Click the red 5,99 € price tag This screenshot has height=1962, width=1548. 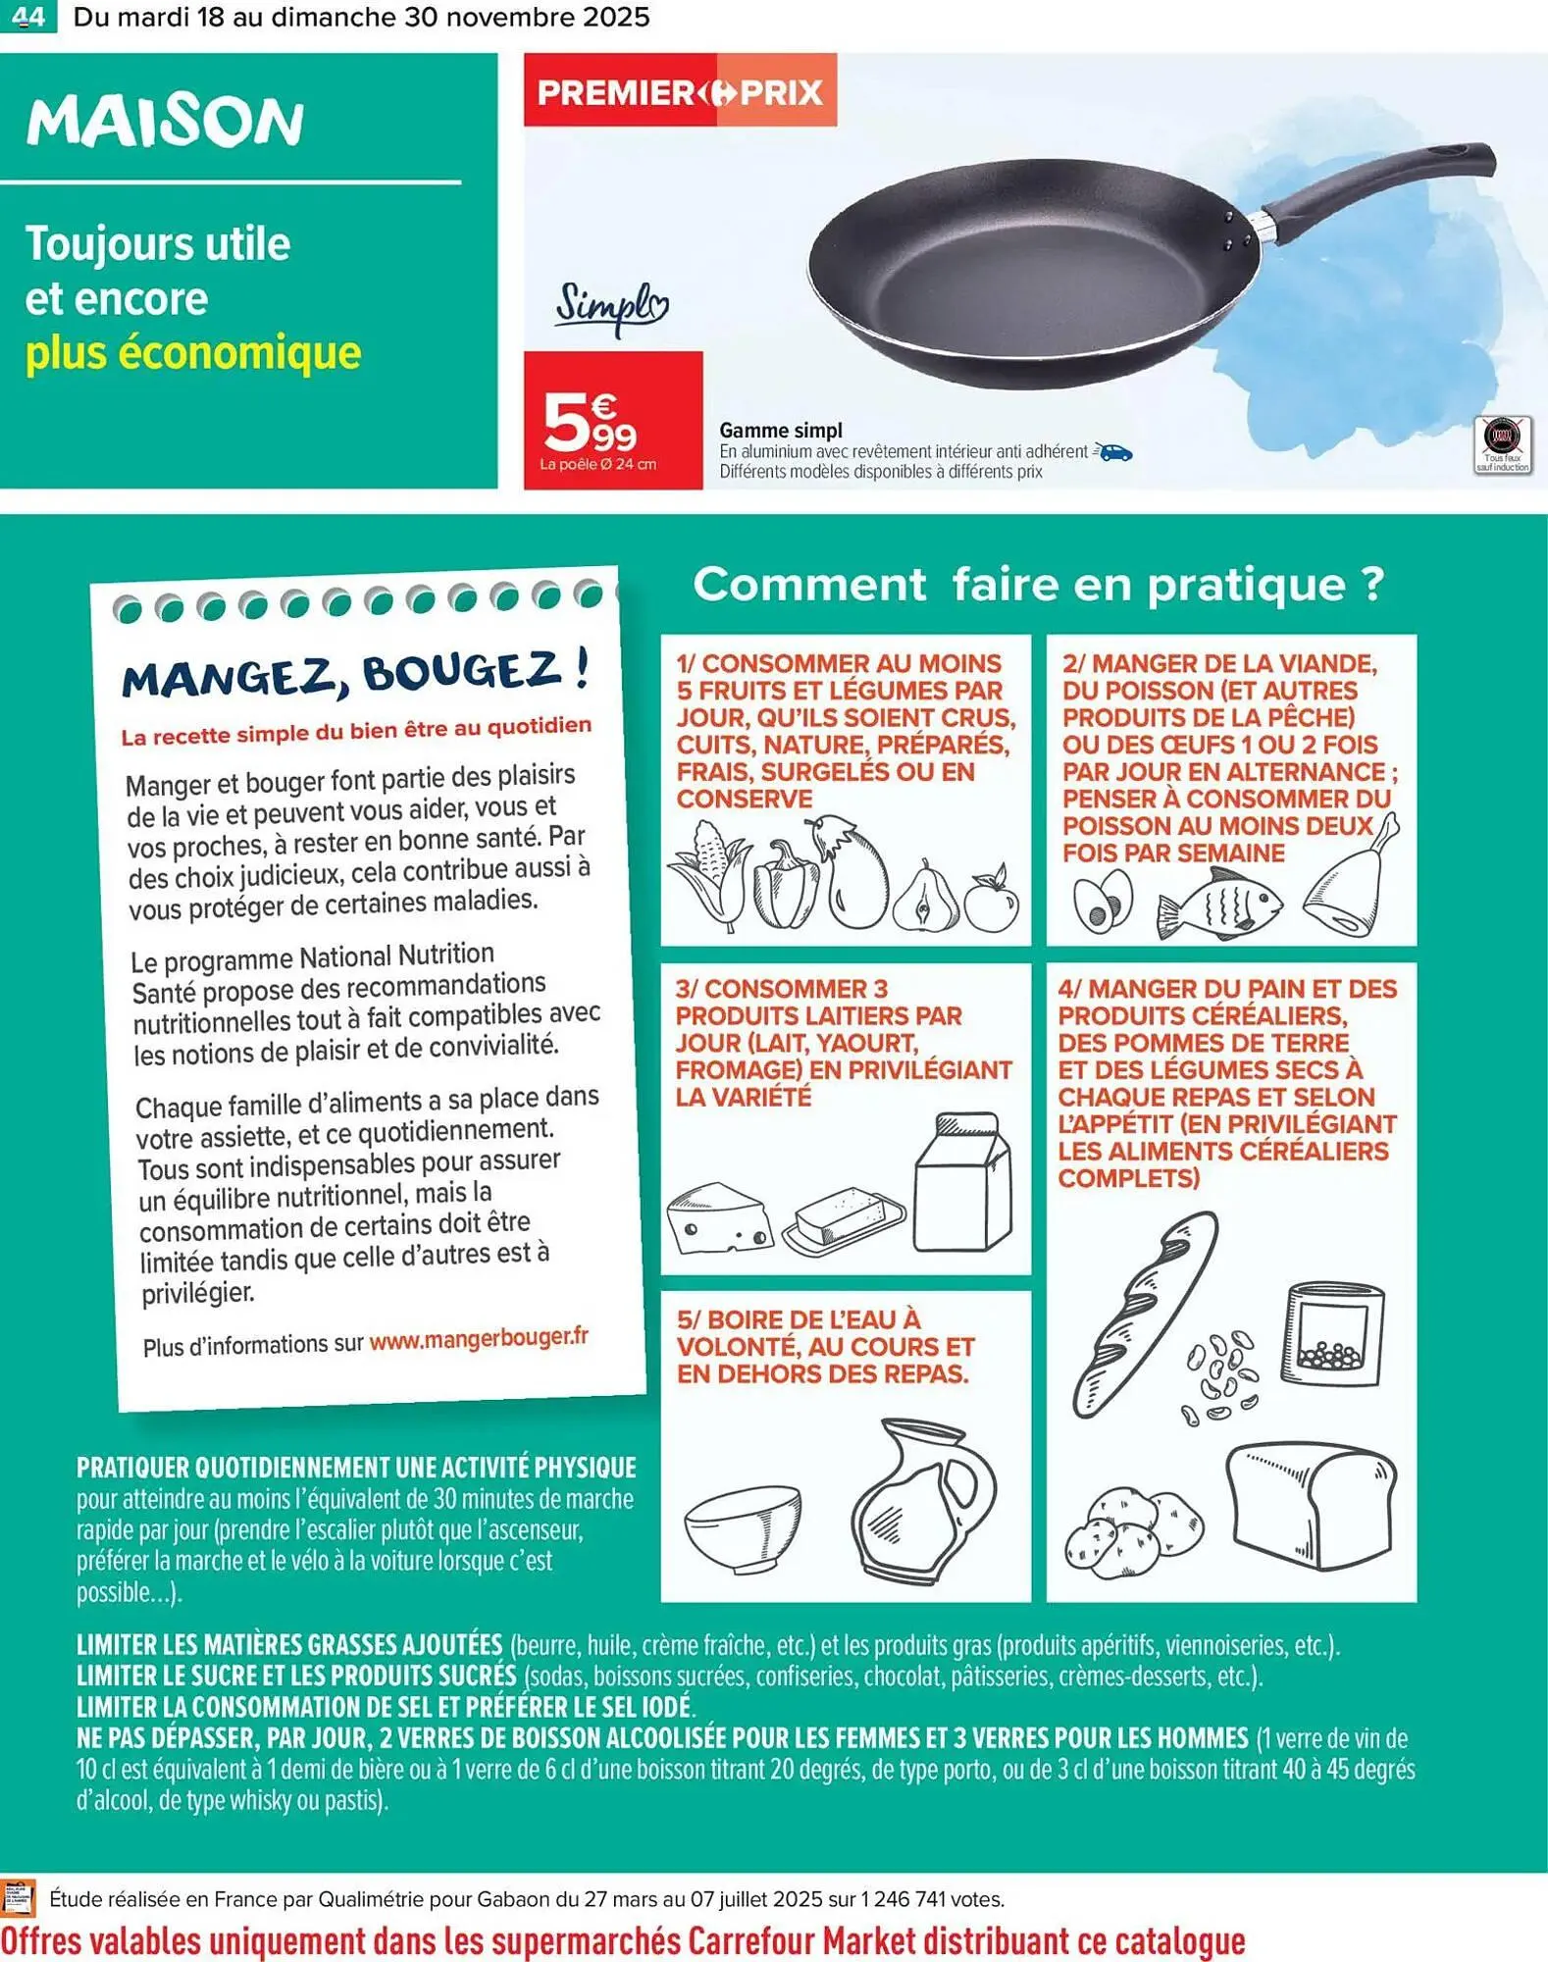(x=612, y=420)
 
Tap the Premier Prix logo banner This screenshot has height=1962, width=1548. (x=680, y=91)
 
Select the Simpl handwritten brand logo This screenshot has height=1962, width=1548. (x=611, y=307)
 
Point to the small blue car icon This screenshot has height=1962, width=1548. (x=1114, y=452)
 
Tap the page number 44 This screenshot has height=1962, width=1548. (x=28, y=17)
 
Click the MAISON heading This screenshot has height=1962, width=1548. (x=165, y=122)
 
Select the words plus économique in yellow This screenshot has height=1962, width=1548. (x=193, y=353)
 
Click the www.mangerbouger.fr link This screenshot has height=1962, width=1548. (x=479, y=1337)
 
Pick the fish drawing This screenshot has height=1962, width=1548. (x=1219, y=903)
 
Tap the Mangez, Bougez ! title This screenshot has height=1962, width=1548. (x=356, y=674)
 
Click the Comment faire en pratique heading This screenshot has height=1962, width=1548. (x=1038, y=584)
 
